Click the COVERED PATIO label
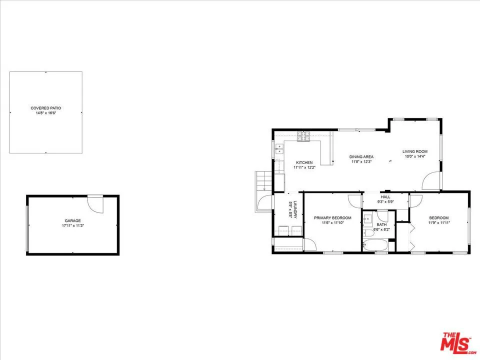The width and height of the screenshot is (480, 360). pyautogui.click(x=46, y=108)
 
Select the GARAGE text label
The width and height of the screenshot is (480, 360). pyautogui.click(x=72, y=220)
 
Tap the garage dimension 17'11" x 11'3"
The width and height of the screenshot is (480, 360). pyautogui.click(x=72, y=225)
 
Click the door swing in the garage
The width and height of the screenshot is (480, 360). pyautogui.click(x=95, y=203)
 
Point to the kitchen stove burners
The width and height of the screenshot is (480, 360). pyautogui.click(x=303, y=135)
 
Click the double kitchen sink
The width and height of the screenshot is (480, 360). pyautogui.click(x=278, y=148)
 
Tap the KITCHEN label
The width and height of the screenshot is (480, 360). pyautogui.click(x=304, y=162)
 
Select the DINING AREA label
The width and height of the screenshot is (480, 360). pyautogui.click(x=361, y=157)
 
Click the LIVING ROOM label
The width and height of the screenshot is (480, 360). pyautogui.click(x=415, y=151)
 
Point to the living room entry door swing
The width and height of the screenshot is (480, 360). pyautogui.click(x=430, y=181)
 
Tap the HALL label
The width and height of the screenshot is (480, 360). pyautogui.click(x=385, y=197)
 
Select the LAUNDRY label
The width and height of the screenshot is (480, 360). pyautogui.click(x=295, y=209)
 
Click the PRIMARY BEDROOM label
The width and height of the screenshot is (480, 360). pyautogui.click(x=332, y=218)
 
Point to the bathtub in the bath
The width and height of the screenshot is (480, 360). pyautogui.click(x=375, y=245)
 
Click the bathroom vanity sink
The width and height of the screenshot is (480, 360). pyautogui.click(x=368, y=218)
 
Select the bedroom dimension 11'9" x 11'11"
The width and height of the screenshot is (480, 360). pyautogui.click(x=438, y=222)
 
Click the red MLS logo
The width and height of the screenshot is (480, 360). pyautogui.click(x=455, y=342)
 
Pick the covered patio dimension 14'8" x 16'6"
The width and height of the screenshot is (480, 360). pyautogui.click(x=46, y=113)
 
